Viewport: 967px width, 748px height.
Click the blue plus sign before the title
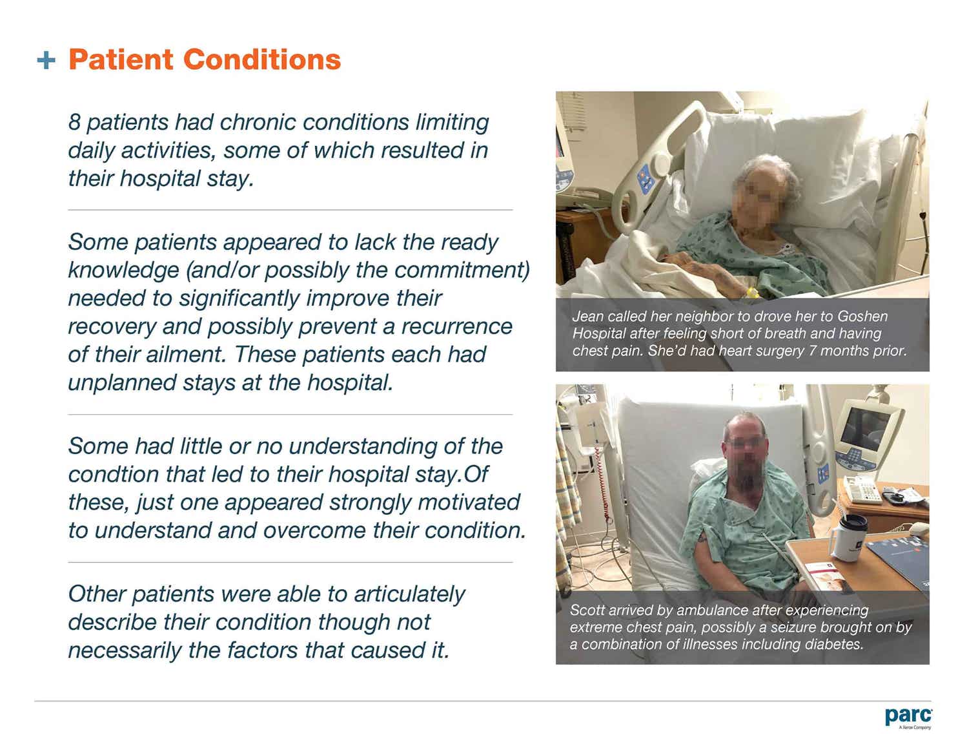click(x=46, y=61)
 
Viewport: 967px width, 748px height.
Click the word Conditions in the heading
click(x=261, y=59)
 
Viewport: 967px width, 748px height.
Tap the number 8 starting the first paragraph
click(x=74, y=122)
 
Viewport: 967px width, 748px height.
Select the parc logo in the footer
click(x=908, y=717)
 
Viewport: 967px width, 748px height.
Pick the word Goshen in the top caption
click(x=862, y=316)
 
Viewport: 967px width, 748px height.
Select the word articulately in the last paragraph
click(x=409, y=594)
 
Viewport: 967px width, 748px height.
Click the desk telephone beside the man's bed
click(x=863, y=489)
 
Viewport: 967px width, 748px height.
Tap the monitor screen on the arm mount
click(x=866, y=428)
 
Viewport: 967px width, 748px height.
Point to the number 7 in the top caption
click(x=812, y=351)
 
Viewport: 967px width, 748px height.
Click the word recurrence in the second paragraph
click(x=456, y=326)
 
